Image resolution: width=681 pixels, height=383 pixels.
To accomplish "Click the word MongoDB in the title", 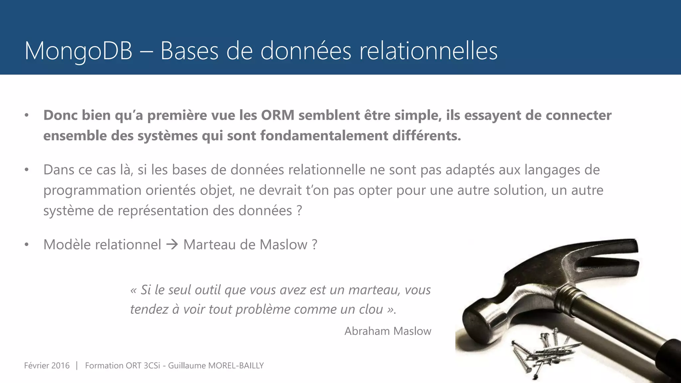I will tap(78, 51).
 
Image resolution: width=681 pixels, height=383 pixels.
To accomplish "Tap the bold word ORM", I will tap(278, 115).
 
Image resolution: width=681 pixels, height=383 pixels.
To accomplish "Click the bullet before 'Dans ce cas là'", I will tap(27, 170).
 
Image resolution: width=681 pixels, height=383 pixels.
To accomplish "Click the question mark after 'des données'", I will tap(299, 211).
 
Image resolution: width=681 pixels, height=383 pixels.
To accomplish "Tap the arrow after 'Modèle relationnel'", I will tap(172, 245).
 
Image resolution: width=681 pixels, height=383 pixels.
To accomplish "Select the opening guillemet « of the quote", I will tap(133, 290).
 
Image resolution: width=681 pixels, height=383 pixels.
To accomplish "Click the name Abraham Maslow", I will tap(388, 331).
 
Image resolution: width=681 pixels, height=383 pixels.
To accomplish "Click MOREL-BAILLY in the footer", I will tap(236, 366).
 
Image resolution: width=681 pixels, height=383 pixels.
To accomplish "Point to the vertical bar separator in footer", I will tap(77, 366).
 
